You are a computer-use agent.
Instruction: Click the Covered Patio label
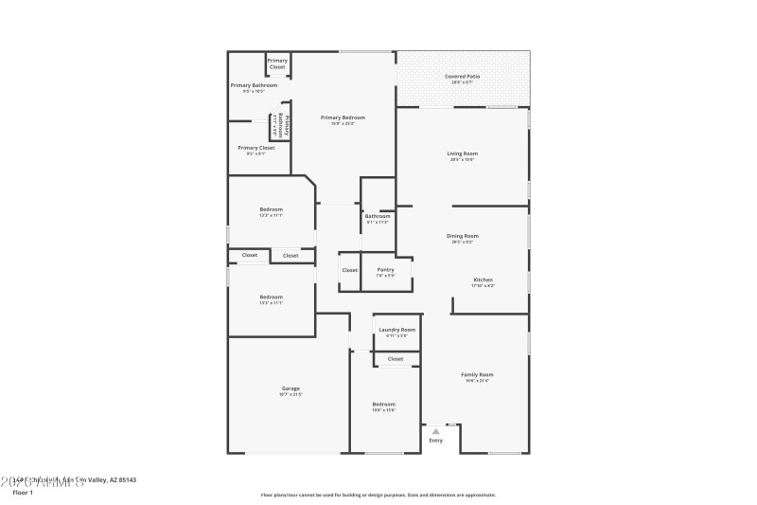(463, 76)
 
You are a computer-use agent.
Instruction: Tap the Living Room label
(463, 153)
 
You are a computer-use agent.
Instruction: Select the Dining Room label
(463, 236)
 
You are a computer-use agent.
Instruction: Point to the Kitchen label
(483, 280)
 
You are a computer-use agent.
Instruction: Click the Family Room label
(477, 374)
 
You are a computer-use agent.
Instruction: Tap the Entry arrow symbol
(435, 431)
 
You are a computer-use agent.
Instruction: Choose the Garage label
(290, 388)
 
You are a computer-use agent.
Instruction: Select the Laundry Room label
(396, 330)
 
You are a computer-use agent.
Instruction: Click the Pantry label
(385, 269)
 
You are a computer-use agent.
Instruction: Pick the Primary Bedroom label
(347, 117)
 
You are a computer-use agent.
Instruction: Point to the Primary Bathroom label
(254, 85)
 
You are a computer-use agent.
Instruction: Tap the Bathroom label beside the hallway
(378, 216)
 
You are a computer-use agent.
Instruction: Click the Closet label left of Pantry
(349, 270)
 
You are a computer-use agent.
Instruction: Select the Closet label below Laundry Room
(396, 359)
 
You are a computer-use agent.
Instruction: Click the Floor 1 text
(22, 493)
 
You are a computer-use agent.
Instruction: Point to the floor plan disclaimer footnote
(378, 495)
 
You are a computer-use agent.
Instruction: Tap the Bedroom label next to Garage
(383, 405)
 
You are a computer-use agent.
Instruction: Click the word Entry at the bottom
(435, 441)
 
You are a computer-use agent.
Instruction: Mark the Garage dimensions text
(290, 394)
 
